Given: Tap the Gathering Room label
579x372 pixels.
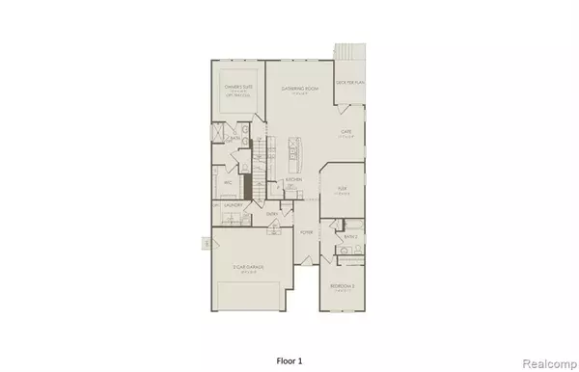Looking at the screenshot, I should [x=300, y=88].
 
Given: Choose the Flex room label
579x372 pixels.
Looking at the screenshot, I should [x=342, y=190].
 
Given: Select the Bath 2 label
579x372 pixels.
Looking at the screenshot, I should [x=351, y=235].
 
